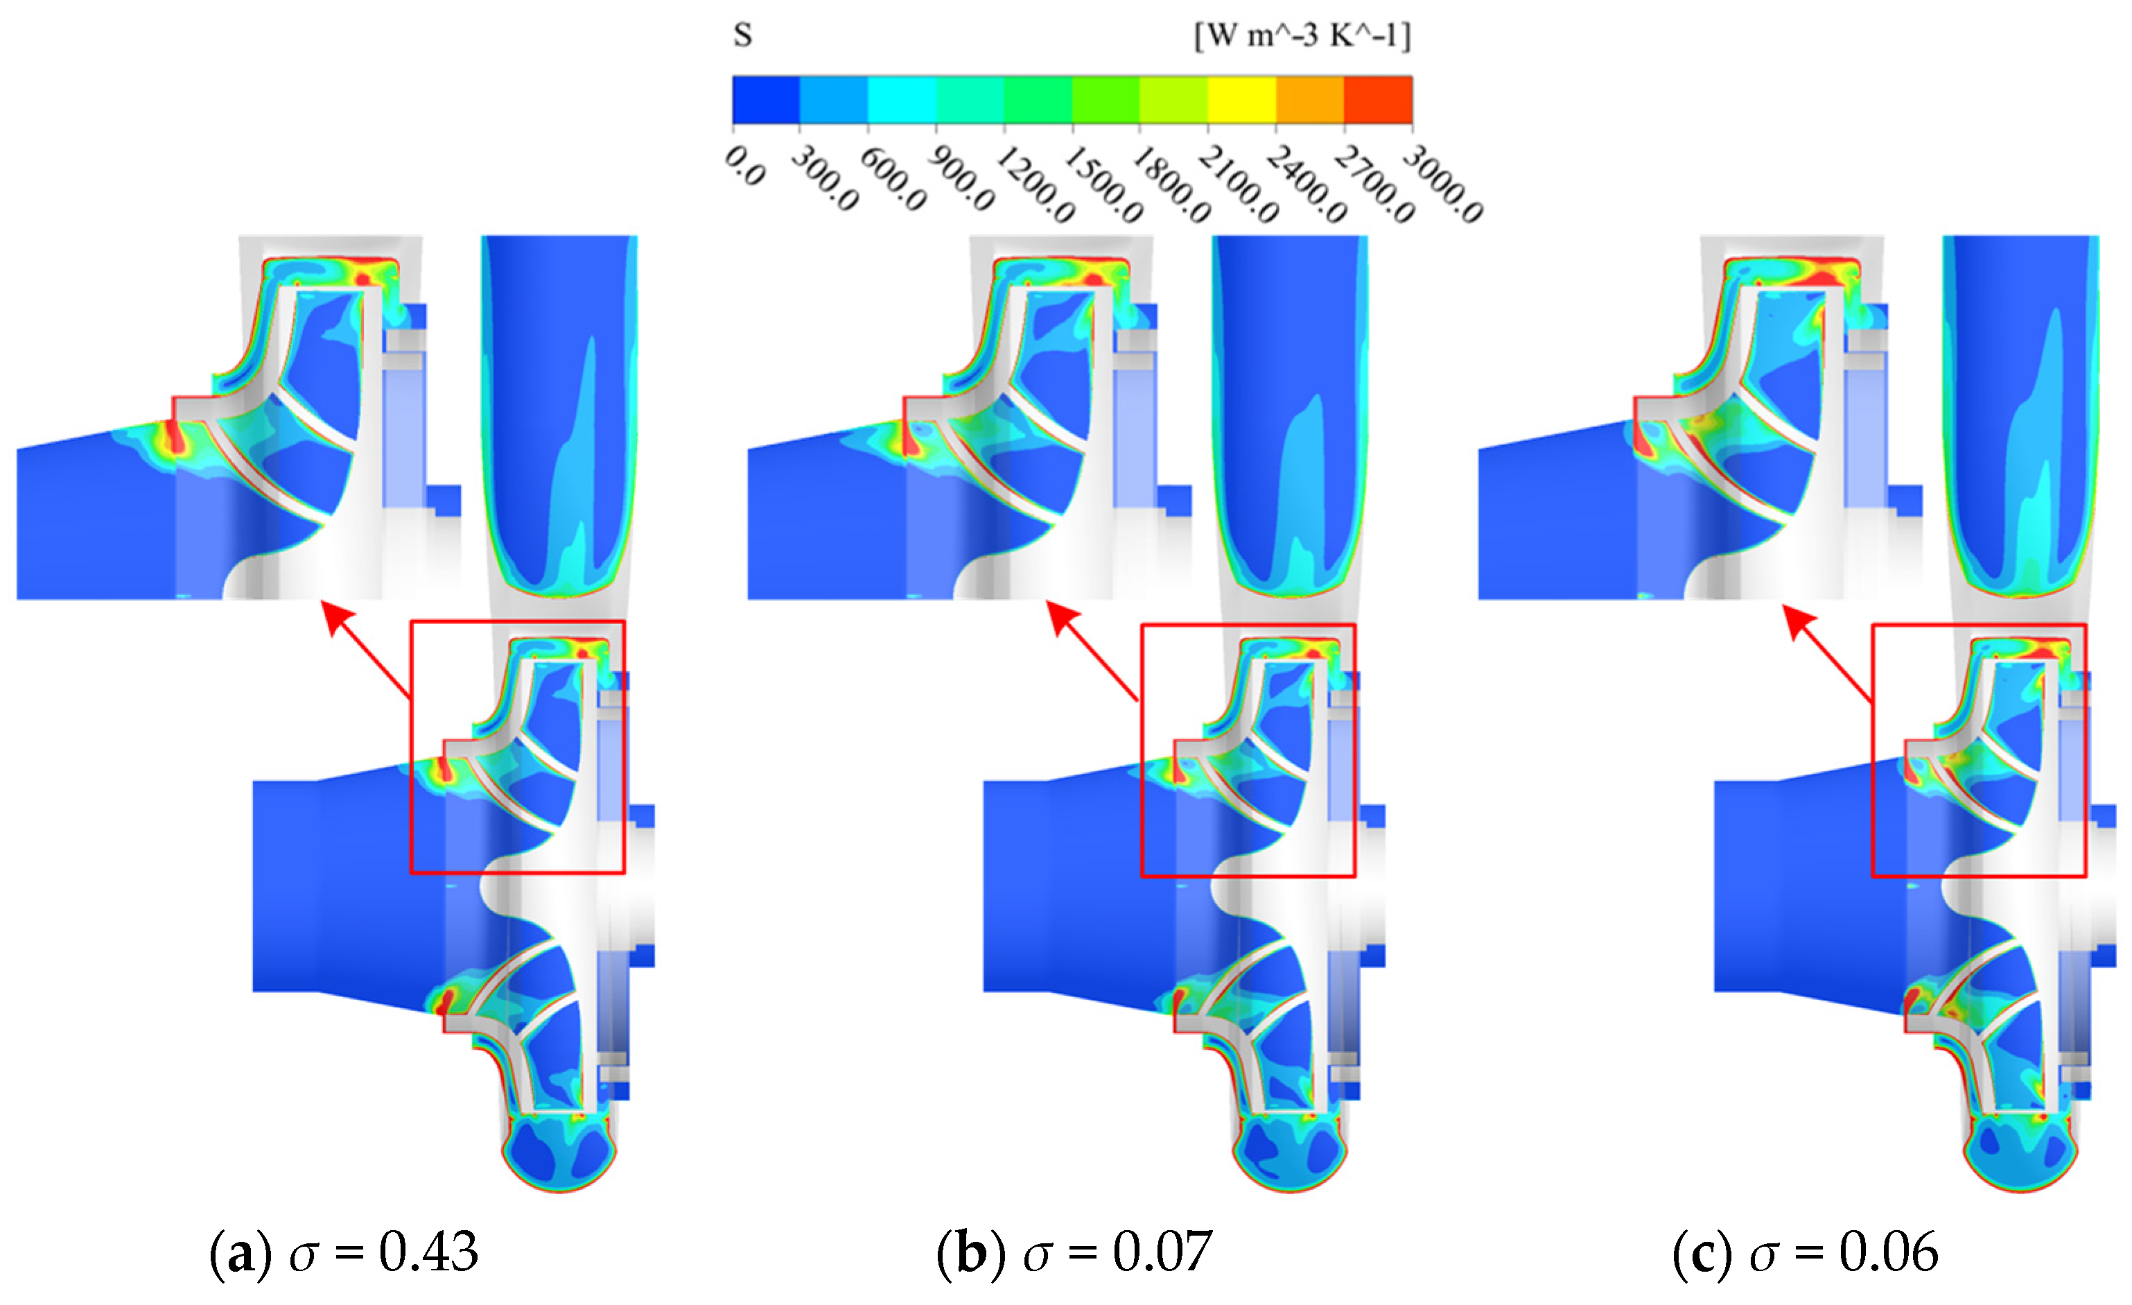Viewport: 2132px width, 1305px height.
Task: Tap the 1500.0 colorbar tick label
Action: tap(1104, 184)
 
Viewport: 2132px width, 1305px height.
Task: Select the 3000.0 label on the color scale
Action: tap(1443, 184)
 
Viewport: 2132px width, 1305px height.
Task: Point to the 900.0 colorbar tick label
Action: tap(961, 178)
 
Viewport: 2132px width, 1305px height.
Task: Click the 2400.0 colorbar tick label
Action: tap(1307, 184)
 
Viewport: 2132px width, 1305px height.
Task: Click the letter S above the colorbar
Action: tap(742, 35)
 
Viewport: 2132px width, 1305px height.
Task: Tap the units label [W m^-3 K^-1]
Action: tap(1302, 35)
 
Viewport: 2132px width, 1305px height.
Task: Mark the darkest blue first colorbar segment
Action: tap(766, 100)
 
